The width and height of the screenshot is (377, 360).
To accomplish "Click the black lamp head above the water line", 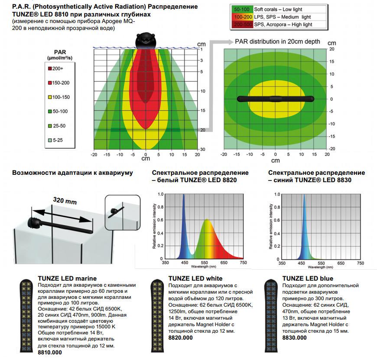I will point(145,41).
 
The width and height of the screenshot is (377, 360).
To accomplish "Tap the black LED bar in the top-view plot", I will point(275,98).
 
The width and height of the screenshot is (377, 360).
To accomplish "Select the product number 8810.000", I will point(50,352).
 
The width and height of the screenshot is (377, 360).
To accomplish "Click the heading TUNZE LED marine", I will point(67,278).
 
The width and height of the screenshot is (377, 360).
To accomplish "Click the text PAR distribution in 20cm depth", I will point(277,42).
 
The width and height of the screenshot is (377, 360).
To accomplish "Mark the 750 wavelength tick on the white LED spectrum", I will point(243,263).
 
